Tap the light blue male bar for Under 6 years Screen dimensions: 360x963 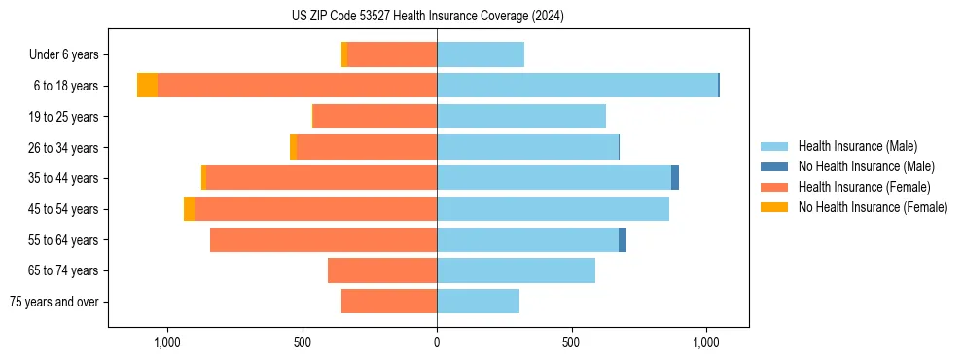[481, 54]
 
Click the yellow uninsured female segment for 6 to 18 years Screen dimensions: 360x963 [147, 86]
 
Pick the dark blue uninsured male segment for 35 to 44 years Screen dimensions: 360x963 [675, 178]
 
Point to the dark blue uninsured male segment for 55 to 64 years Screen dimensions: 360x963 [623, 239]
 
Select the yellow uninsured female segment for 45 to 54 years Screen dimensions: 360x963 [189, 209]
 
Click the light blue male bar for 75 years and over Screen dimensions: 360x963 [478, 302]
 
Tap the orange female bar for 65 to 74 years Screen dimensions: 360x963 [382, 270]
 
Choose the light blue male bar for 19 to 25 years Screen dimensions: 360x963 [521, 117]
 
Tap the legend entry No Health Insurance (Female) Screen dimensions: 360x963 [873, 207]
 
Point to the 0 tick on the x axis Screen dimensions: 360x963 [437, 342]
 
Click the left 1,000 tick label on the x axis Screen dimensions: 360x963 [167, 342]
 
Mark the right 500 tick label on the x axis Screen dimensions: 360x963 [571, 342]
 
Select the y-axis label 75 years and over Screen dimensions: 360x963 [54, 302]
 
